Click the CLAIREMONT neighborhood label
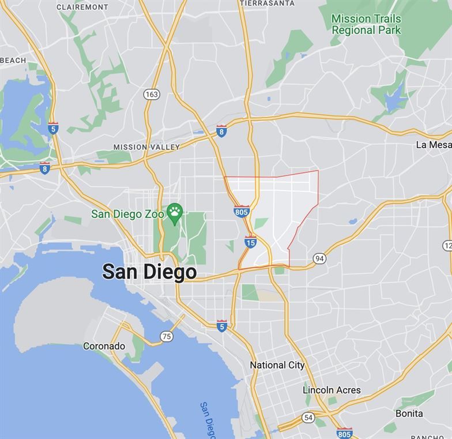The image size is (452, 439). click(82, 7)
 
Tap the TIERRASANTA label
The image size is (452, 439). click(267, 3)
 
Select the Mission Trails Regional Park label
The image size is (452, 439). click(366, 24)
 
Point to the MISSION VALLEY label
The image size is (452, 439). click(146, 147)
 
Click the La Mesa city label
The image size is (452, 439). click(434, 145)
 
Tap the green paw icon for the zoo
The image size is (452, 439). click(175, 213)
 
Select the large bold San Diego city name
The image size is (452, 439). click(149, 272)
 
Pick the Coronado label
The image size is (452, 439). click(104, 346)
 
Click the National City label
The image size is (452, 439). click(277, 365)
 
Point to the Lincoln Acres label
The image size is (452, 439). click(332, 390)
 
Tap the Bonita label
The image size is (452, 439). click(409, 413)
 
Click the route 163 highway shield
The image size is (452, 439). click(152, 94)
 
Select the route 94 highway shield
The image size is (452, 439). click(319, 258)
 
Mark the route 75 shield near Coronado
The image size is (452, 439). click(167, 336)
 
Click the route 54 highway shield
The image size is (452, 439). click(308, 417)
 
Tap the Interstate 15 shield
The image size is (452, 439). click(250, 242)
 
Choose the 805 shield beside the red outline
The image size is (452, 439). click(242, 211)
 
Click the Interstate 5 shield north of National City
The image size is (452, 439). click(222, 325)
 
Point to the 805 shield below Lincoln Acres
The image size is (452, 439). click(344, 433)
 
